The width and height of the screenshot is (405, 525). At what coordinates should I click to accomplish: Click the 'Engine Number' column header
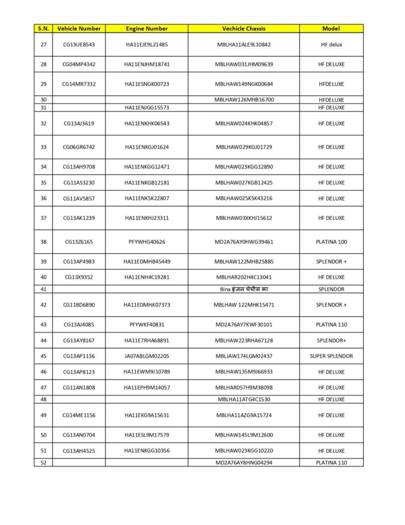(146, 29)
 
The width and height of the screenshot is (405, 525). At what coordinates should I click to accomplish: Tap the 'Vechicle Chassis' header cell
(244, 29)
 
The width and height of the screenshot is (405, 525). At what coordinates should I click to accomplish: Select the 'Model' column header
(331, 29)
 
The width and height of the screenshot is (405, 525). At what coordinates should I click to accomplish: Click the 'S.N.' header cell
(43, 29)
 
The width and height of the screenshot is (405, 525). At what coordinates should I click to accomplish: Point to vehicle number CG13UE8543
(79, 45)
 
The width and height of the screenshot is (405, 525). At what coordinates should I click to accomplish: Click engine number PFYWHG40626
(146, 242)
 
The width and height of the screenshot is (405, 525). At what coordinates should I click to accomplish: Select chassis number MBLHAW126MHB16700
(244, 99)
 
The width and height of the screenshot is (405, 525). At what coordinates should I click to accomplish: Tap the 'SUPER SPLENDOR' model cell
(331, 356)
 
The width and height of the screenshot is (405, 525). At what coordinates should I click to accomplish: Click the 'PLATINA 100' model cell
(331, 242)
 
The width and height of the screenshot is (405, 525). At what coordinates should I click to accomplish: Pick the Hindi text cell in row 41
(244, 290)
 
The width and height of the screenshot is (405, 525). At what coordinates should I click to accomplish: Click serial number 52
(43, 462)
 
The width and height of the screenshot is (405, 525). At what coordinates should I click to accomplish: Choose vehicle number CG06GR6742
(79, 147)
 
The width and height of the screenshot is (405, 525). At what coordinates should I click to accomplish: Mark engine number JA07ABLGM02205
(146, 356)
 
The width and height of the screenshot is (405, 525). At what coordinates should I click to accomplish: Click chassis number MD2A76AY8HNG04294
(244, 462)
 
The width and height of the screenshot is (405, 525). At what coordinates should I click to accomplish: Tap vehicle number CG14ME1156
(79, 415)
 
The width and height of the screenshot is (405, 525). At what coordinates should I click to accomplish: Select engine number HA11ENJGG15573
(146, 108)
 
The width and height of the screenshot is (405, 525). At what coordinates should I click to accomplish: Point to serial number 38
(43, 242)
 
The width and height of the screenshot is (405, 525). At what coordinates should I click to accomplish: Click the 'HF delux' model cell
(331, 45)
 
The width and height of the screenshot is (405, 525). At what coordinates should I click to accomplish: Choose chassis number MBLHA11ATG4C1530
(244, 399)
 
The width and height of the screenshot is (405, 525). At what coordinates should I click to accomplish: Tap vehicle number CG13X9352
(79, 277)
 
